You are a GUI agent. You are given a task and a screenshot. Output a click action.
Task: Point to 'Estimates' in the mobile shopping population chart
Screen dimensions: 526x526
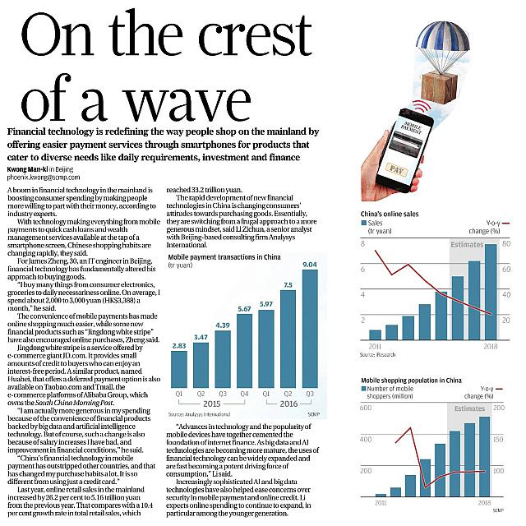(469, 408)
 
